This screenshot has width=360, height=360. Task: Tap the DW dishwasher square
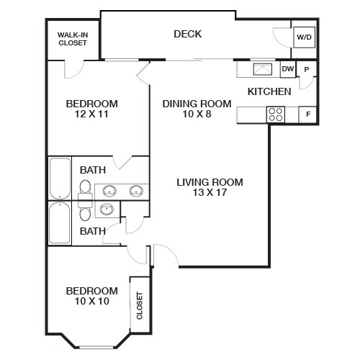coord(287,69)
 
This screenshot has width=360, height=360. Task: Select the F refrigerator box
coord(308,114)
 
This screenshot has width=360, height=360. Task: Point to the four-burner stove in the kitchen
coord(276,114)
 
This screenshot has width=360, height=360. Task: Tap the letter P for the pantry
coord(307,70)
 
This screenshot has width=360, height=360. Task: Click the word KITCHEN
coord(269,91)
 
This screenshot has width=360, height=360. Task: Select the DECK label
coord(187,34)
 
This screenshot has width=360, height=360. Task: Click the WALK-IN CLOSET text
coord(73,38)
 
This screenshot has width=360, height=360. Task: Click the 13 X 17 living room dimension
coord(210,193)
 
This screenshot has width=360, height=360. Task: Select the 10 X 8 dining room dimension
coord(197,114)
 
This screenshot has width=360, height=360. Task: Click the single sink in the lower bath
coord(107,210)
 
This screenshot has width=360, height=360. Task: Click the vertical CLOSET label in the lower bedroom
coord(139,305)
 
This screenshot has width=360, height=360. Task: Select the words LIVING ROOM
coord(210,181)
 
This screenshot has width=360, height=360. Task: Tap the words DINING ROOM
coord(197,104)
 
